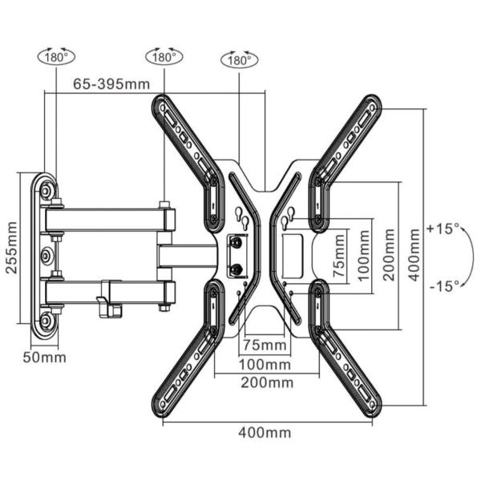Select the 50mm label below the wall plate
50,357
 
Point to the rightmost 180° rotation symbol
239,60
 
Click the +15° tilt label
443,228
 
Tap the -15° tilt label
443,285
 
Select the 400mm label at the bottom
265,433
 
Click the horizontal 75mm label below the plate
265,346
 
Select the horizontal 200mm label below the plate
267,383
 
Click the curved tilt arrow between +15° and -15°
470,257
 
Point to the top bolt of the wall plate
48,190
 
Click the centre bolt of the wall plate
48,257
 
